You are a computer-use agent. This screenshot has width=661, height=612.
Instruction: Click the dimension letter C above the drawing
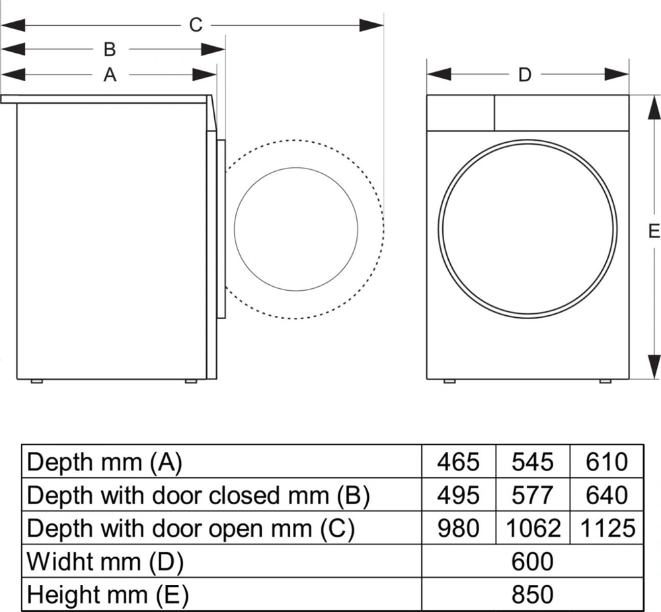click(x=196, y=25)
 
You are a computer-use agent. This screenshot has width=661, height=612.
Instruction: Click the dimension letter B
click(x=110, y=50)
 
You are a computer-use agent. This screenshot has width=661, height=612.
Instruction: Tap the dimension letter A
click(x=110, y=75)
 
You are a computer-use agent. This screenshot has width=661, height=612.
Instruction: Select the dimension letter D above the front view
click(x=524, y=75)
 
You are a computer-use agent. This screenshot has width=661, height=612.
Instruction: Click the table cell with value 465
click(x=458, y=461)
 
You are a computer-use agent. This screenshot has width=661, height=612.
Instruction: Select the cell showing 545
click(x=532, y=461)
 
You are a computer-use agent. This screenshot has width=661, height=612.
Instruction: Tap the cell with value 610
click(x=606, y=461)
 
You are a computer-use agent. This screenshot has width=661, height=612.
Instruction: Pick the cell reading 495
click(x=458, y=495)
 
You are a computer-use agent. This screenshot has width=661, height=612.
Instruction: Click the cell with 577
click(x=532, y=495)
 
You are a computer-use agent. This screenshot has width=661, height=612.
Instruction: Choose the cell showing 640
click(x=606, y=495)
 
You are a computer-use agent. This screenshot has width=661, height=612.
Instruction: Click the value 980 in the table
click(x=458, y=528)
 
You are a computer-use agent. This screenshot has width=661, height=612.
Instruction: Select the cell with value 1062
click(x=532, y=528)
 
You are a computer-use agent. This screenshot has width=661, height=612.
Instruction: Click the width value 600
click(x=532, y=562)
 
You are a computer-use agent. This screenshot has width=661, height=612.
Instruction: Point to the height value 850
click(x=532, y=595)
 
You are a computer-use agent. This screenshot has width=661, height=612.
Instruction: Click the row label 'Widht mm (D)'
click(x=104, y=562)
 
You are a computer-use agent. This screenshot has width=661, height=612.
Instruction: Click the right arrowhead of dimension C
click(x=374, y=25)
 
